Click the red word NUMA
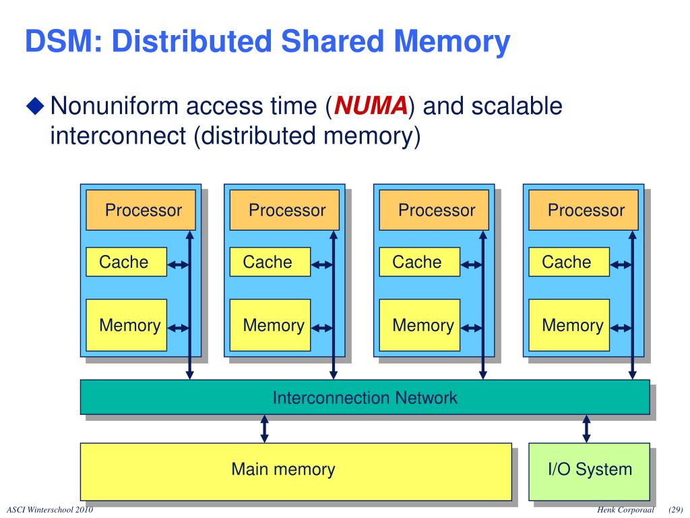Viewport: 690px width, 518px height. click(x=371, y=106)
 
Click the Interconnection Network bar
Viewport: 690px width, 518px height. click(x=365, y=397)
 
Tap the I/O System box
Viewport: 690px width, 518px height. click(x=589, y=471)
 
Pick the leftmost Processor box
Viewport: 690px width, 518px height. click(x=141, y=210)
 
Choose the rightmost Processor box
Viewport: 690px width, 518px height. click(x=583, y=210)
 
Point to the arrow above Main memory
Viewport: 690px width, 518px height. click(x=265, y=428)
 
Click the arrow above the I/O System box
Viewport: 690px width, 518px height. click(x=586, y=428)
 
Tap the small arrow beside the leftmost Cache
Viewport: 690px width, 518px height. click(x=179, y=265)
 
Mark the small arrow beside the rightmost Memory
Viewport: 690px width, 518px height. click(x=621, y=328)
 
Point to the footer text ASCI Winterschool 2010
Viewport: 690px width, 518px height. click(x=49, y=509)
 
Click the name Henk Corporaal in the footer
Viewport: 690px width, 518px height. click(x=626, y=509)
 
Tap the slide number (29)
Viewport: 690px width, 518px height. click(x=676, y=509)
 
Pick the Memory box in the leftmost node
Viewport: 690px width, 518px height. click(x=126, y=325)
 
